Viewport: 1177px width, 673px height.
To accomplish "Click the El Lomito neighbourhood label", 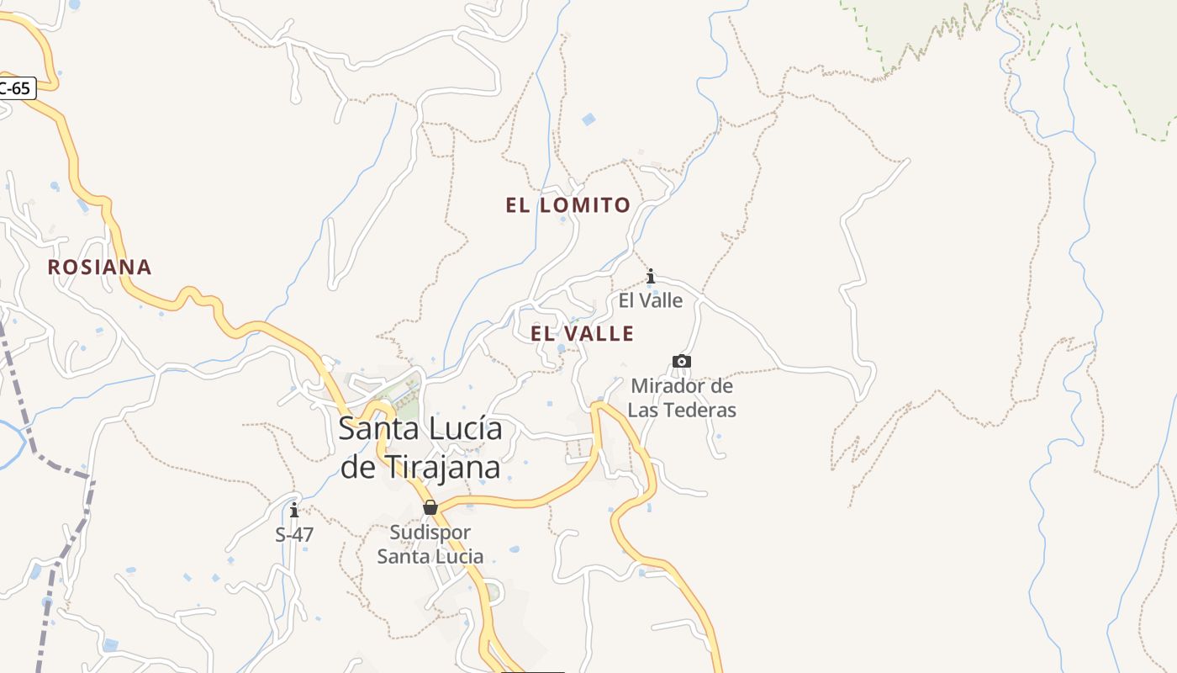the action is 567,205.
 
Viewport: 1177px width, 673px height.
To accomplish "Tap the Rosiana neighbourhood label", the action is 99,268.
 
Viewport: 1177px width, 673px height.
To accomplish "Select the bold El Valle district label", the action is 582,334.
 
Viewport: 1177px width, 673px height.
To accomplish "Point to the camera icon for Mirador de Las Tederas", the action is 681,362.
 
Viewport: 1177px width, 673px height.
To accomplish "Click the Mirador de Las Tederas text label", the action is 682,398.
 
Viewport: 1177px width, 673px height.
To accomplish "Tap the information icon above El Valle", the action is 650,276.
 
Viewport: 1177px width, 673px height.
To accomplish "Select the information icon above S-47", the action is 293,510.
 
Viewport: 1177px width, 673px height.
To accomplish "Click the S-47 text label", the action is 294,533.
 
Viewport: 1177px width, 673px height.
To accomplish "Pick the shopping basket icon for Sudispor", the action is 430,507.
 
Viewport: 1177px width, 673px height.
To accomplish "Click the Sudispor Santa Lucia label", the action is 430,544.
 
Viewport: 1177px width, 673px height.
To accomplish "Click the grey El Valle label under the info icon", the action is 651,300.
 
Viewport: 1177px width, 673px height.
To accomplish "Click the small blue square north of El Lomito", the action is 588,119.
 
